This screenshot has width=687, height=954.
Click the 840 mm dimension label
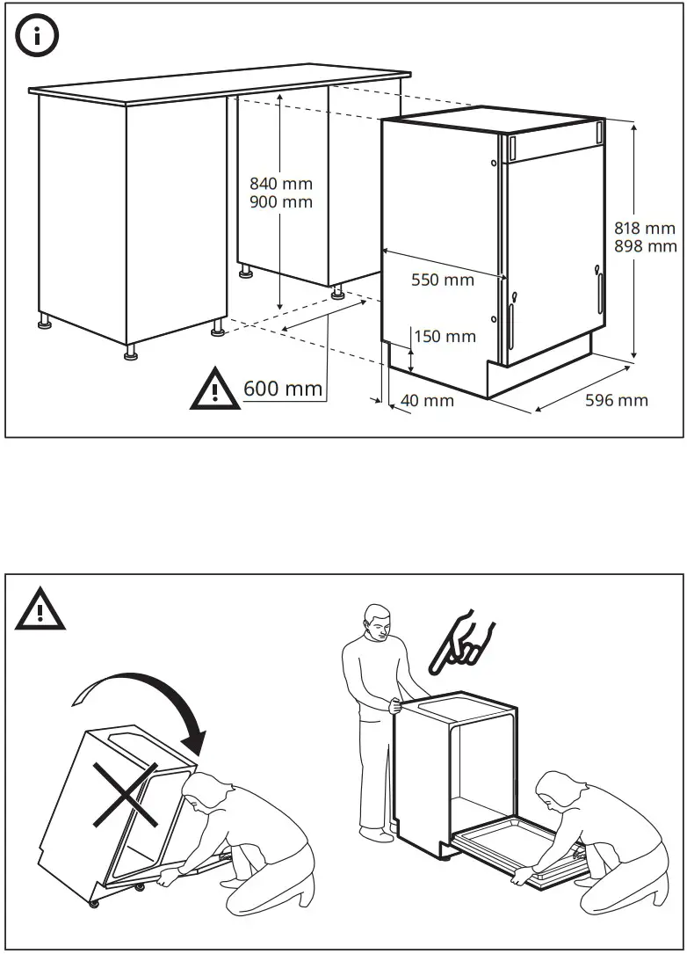point(281,184)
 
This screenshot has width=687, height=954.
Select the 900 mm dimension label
point(281,202)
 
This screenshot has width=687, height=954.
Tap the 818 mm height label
point(646,229)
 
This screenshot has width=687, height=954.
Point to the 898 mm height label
point(646,247)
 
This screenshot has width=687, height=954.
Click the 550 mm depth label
point(443,280)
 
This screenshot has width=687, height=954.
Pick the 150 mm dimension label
point(445,336)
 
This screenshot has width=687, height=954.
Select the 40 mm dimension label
point(427,401)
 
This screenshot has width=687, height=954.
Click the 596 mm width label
point(617,401)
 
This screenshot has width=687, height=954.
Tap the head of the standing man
point(379,622)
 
